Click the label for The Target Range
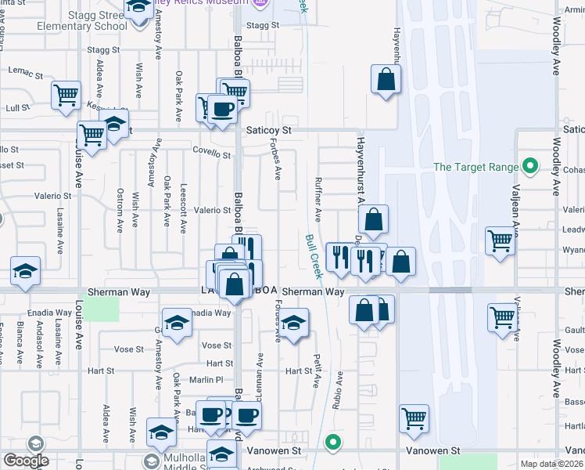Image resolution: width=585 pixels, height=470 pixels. [476, 167]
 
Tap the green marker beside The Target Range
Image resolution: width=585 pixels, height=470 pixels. [530, 166]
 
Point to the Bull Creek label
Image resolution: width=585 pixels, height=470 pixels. [314, 255]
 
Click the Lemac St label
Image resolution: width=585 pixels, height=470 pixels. [26, 72]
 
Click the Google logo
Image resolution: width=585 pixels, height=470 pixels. [25, 461]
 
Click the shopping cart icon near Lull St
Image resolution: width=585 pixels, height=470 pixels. [66, 95]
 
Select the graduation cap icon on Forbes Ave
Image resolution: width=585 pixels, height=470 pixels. [293, 324]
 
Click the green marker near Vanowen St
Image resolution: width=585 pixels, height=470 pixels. [334, 443]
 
